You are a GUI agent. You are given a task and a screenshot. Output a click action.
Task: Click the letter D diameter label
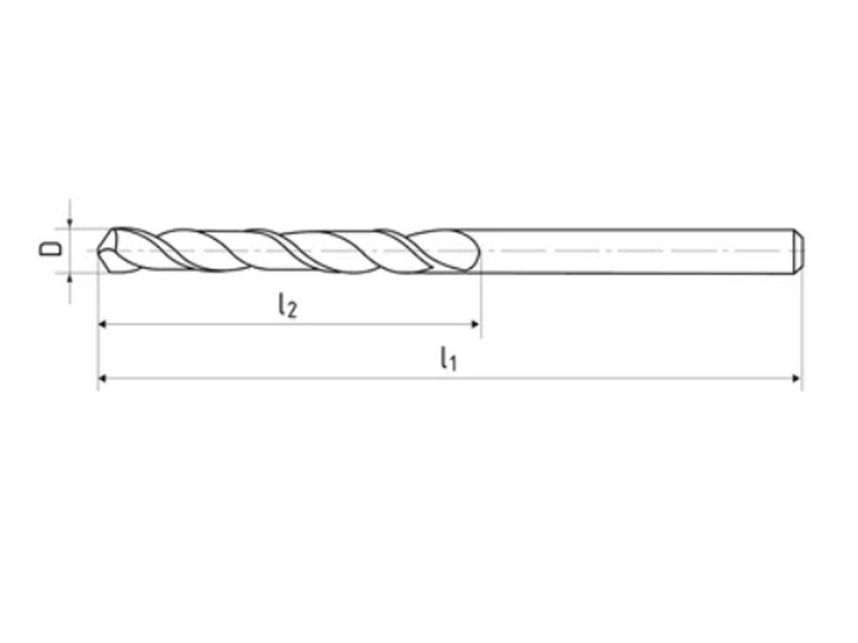pyautogui.click(x=49, y=249)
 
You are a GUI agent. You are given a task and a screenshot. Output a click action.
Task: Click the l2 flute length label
pyautogui.click(x=287, y=305)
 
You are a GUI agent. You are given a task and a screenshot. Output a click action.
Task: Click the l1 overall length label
pyautogui.click(x=448, y=358)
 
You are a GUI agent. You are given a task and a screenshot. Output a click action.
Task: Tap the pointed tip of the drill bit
pyautogui.click(x=98, y=251)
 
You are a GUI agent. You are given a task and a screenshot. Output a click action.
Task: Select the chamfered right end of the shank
pyautogui.click(x=799, y=251)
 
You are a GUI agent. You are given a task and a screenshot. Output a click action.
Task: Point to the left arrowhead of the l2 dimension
pyautogui.click(x=101, y=324)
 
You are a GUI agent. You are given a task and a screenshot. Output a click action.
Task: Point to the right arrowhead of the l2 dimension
pyautogui.click(x=475, y=324)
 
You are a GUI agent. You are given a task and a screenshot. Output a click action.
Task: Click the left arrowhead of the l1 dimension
pyautogui.click(x=101, y=378)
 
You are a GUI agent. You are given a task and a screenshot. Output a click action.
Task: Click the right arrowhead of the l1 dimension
pyautogui.click(x=798, y=378)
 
